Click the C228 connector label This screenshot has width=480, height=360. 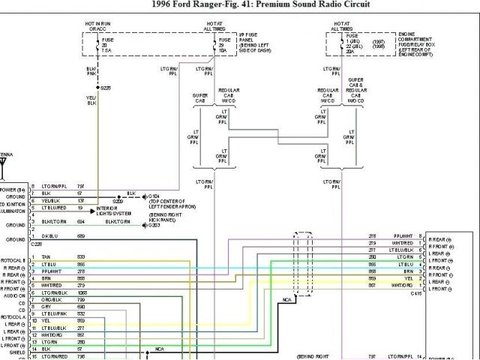pyautogui.click(x=37, y=244)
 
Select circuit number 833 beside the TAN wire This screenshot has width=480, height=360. pyautogui.click(x=80, y=256)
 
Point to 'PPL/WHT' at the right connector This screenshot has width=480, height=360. pyautogui.click(x=403, y=236)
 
